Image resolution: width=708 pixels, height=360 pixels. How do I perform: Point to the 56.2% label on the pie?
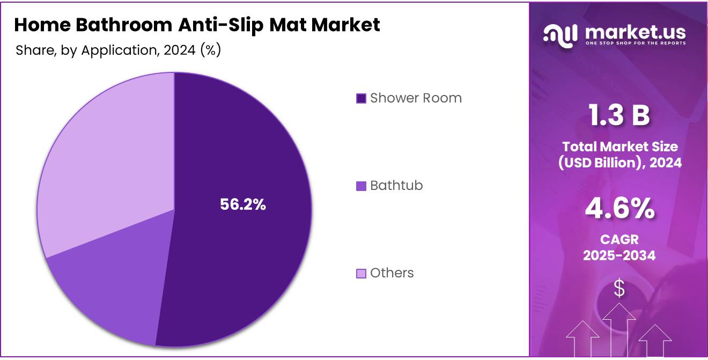(x=243, y=204)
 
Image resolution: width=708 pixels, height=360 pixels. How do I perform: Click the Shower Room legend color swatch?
(x=361, y=98)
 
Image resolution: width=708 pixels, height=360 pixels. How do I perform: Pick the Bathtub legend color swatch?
(x=361, y=186)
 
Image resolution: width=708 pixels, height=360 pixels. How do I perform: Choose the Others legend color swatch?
(x=361, y=273)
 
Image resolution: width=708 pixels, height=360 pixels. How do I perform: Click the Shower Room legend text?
(x=416, y=98)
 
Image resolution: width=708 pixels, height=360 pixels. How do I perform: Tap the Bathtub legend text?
(x=396, y=186)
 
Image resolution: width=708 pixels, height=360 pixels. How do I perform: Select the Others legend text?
(x=392, y=273)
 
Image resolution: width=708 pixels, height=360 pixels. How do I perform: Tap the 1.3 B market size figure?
(x=619, y=116)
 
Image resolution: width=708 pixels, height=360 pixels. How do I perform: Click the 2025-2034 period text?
(x=619, y=255)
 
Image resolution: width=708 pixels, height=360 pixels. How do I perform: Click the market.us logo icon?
(x=560, y=34)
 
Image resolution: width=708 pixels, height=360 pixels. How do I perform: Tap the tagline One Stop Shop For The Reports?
(x=635, y=43)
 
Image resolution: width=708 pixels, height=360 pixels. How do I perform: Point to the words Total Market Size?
(x=619, y=146)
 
